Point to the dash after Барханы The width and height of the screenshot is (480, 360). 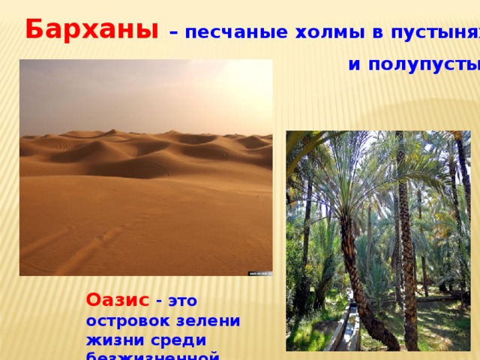pyautogui.click(x=173, y=33)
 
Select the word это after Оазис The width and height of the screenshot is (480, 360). pyautogui.click(x=181, y=300)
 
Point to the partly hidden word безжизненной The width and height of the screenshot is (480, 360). pyautogui.click(x=153, y=355)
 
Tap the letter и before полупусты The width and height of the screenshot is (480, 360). pyautogui.click(x=354, y=65)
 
